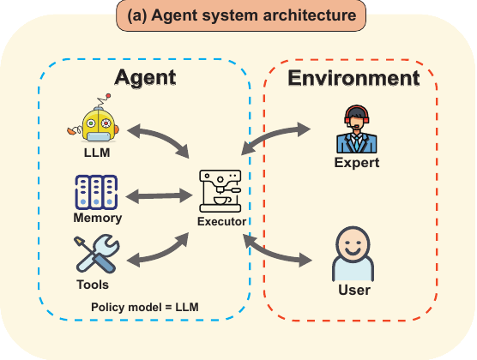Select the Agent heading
[145, 77]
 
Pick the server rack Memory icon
[95, 192]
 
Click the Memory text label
[97, 218]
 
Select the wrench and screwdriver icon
[97, 255]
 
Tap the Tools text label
[92, 284]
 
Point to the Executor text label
[221, 222]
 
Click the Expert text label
[356, 163]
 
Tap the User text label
[354, 291]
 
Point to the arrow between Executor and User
[277, 251]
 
